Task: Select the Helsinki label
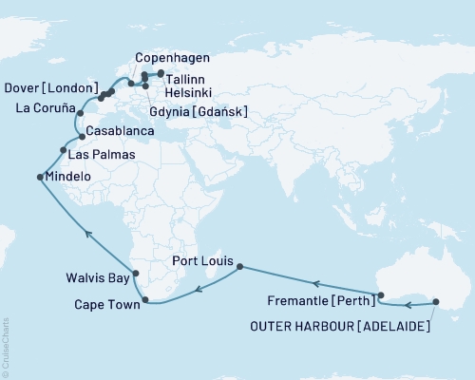coord(189,93)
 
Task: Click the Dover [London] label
coord(48,88)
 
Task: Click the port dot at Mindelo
coord(39,177)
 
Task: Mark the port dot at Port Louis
coord(238,267)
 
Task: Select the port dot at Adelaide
coord(436,302)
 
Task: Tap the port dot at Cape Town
coord(144,301)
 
